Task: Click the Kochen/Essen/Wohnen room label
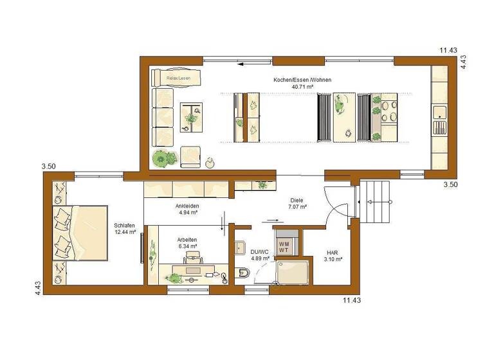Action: click(x=302, y=80)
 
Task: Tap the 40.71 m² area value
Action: click(x=302, y=87)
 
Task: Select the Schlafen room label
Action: click(x=124, y=226)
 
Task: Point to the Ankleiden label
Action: click(x=187, y=206)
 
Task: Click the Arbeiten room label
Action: click(x=187, y=239)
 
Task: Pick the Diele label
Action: click(x=297, y=200)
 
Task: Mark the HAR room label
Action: click(x=333, y=252)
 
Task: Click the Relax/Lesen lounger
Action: click(x=177, y=78)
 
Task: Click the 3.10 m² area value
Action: click(x=333, y=259)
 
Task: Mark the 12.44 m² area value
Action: click(x=124, y=232)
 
